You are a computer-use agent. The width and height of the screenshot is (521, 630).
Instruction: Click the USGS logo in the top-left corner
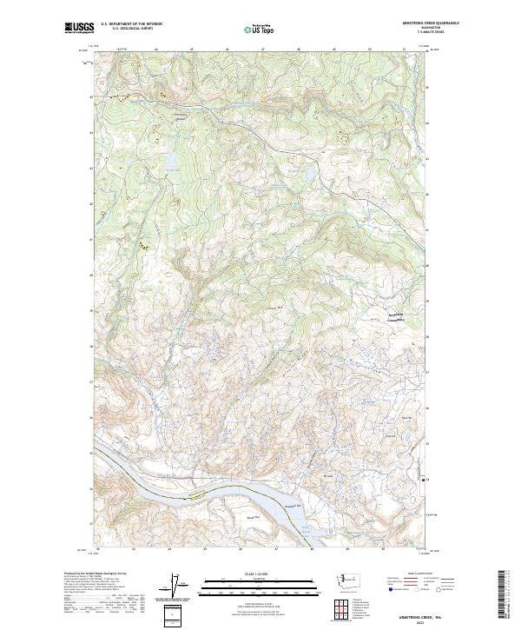pyautogui.click(x=79, y=28)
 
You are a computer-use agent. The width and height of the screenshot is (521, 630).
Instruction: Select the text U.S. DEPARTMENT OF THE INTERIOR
pyautogui.click(x=132, y=24)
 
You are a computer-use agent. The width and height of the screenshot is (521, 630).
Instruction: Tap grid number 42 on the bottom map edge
pyautogui.click(x=98, y=549)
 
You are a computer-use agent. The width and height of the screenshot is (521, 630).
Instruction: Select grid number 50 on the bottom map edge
pyautogui.click(x=383, y=549)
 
